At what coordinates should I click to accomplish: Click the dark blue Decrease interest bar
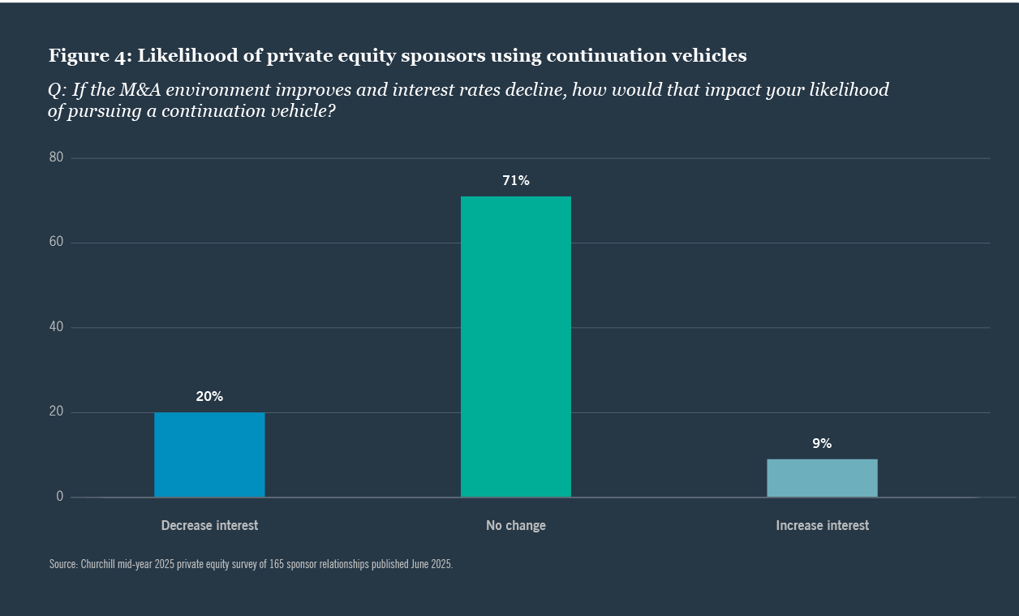tap(209, 454)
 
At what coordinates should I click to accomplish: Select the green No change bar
tap(515, 347)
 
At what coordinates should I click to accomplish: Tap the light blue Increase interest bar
tap(822, 478)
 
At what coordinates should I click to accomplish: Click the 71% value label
tap(515, 181)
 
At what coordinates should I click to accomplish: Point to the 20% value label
tap(209, 397)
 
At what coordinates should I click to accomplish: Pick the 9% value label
tap(822, 444)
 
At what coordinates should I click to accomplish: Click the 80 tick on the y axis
tap(56, 157)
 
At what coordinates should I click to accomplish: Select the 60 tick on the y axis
tap(56, 243)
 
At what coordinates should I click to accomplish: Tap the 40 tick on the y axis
tap(56, 327)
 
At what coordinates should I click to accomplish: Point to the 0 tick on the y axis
tap(59, 497)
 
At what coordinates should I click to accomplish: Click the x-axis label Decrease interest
tap(209, 526)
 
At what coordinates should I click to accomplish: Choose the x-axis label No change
tap(515, 526)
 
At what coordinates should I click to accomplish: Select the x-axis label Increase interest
tap(822, 526)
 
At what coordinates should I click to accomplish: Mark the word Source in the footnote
tap(62, 564)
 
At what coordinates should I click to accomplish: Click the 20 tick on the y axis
tap(56, 412)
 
